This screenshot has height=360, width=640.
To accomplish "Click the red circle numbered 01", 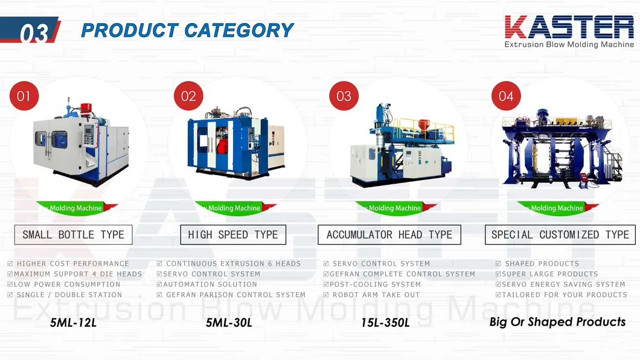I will (x=24, y=96).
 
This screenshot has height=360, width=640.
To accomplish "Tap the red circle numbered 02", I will (x=188, y=96).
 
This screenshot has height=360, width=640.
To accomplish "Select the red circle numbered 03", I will (x=344, y=96).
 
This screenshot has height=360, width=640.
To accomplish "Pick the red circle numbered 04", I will (x=506, y=96).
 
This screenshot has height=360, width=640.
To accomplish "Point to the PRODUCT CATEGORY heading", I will (x=187, y=30).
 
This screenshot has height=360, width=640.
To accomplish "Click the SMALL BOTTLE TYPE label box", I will (x=73, y=234).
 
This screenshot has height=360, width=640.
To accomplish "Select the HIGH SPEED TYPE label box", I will (x=233, y=234).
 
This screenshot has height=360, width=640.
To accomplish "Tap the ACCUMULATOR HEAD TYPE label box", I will (x=389, y=234).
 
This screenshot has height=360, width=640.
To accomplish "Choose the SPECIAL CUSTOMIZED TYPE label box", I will (x=560, y=234).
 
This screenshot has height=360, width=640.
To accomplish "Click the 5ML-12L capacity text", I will (x=73, y=323).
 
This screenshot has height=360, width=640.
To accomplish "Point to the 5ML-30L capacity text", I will (x=229, y=323).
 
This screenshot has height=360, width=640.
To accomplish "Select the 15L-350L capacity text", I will (x=385, y=323).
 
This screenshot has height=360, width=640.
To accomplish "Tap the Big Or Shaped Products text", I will (x=557, y=322).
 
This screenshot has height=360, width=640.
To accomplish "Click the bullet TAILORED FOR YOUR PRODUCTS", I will (x=565, y=295).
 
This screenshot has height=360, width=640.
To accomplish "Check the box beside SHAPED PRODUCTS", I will (x=499, y=264).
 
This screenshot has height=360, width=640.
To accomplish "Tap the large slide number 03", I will (x=34, y=34).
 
